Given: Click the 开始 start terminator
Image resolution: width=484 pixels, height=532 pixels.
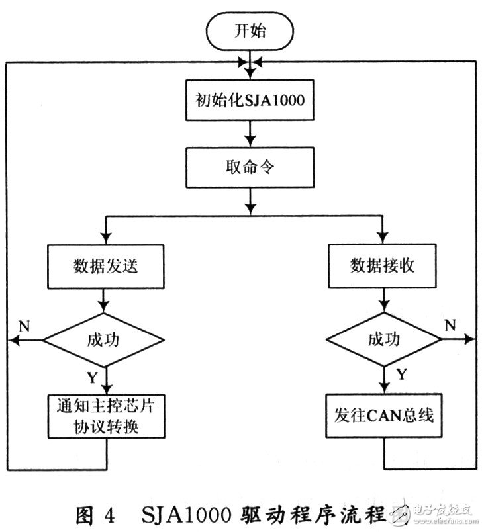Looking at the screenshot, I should pyautogui.click(x=251, y=30).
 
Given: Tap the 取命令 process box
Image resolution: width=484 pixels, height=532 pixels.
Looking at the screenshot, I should pyautogui.click(x=250, y=168).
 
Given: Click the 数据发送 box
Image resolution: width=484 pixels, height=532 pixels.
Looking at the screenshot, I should pyautogui.click(x=106, y=265).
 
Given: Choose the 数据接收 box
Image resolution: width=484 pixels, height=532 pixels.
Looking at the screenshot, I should pyautogui.click(x=383, y=265).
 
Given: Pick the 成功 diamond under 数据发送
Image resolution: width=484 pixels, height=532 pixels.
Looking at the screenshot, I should pyautogui.click(x=104, y=340).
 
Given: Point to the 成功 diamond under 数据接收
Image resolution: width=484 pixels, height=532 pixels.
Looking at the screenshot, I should pyautogui.click(x=383, y=340).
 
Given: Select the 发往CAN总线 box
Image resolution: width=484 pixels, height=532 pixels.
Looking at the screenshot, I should pyautogui.click(x=383, y=416).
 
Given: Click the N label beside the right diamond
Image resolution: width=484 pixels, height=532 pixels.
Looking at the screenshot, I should pyautogui.click(x=450, y=325).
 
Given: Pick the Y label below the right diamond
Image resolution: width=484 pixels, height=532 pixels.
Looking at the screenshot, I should pyautogui.click(x=401, y=375).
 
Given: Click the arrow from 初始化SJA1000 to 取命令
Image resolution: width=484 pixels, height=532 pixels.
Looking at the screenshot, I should pyautogui.click(x=250, y=134).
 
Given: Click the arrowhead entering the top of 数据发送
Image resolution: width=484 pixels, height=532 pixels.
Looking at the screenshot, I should pyautogui.click(x=104, y=240).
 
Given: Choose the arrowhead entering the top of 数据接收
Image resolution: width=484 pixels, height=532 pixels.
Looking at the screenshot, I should pyautogui.click(x=383, y=240).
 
